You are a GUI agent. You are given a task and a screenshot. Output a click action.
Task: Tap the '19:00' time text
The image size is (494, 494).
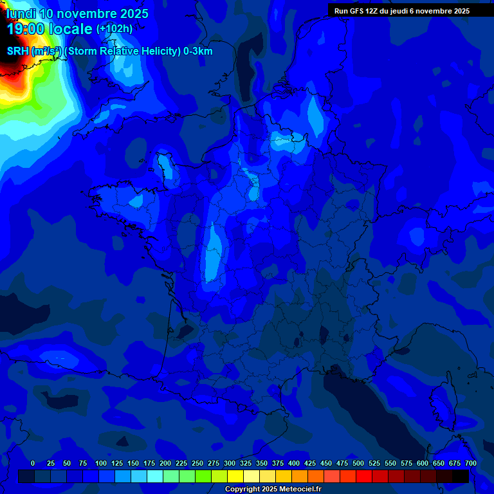(x=26, y=29)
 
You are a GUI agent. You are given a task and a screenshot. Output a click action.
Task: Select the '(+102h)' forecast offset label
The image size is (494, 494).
(x=114, y=29)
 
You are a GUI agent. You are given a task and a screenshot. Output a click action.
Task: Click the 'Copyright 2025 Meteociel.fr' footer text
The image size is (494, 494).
(x=273, y=489)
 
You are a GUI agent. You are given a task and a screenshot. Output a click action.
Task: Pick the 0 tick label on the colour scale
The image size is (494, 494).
(x=33, y=463)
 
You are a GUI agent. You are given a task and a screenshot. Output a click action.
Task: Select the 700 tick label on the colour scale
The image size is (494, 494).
(x=471, y=463)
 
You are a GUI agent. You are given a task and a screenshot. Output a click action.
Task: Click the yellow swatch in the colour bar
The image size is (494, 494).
(x=235, y=476)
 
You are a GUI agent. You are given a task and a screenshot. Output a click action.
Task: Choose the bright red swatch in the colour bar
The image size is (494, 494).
(x=364, y=476)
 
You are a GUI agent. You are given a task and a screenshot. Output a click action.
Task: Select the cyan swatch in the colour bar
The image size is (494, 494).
(x=155, y=476)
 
